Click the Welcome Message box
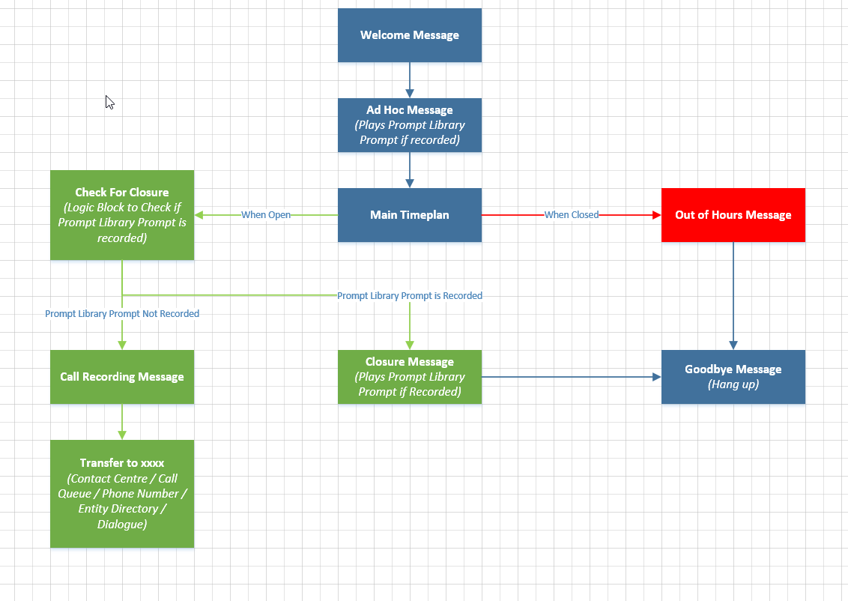click(x=410, y=35)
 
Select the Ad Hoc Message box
click(x=410, y=125)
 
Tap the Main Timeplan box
click(x=410, y=215)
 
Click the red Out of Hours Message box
click(x=733, y=215)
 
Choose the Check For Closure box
click(x=122, y=215)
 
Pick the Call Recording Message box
click(x=122, y=377)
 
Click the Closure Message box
click(x=410, y=377)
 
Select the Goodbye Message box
click(x=733, y=377)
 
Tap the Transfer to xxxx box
click(x=122, y=494)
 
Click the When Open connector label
click(x=266, y=215)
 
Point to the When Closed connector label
click(x=572, y=215)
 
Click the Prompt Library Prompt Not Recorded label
click(x=122, y=314)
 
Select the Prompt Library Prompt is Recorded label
click(x=410, y=296)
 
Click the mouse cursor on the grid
click(x=109, y=103)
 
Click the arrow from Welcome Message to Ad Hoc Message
click(x=410, y=80)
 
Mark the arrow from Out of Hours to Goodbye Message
click(x=733, y=296)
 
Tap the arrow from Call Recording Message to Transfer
click(x=122, y=422)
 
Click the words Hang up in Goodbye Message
click(x=733, y=384)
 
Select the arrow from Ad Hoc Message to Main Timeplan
click(x=410, y=170)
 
